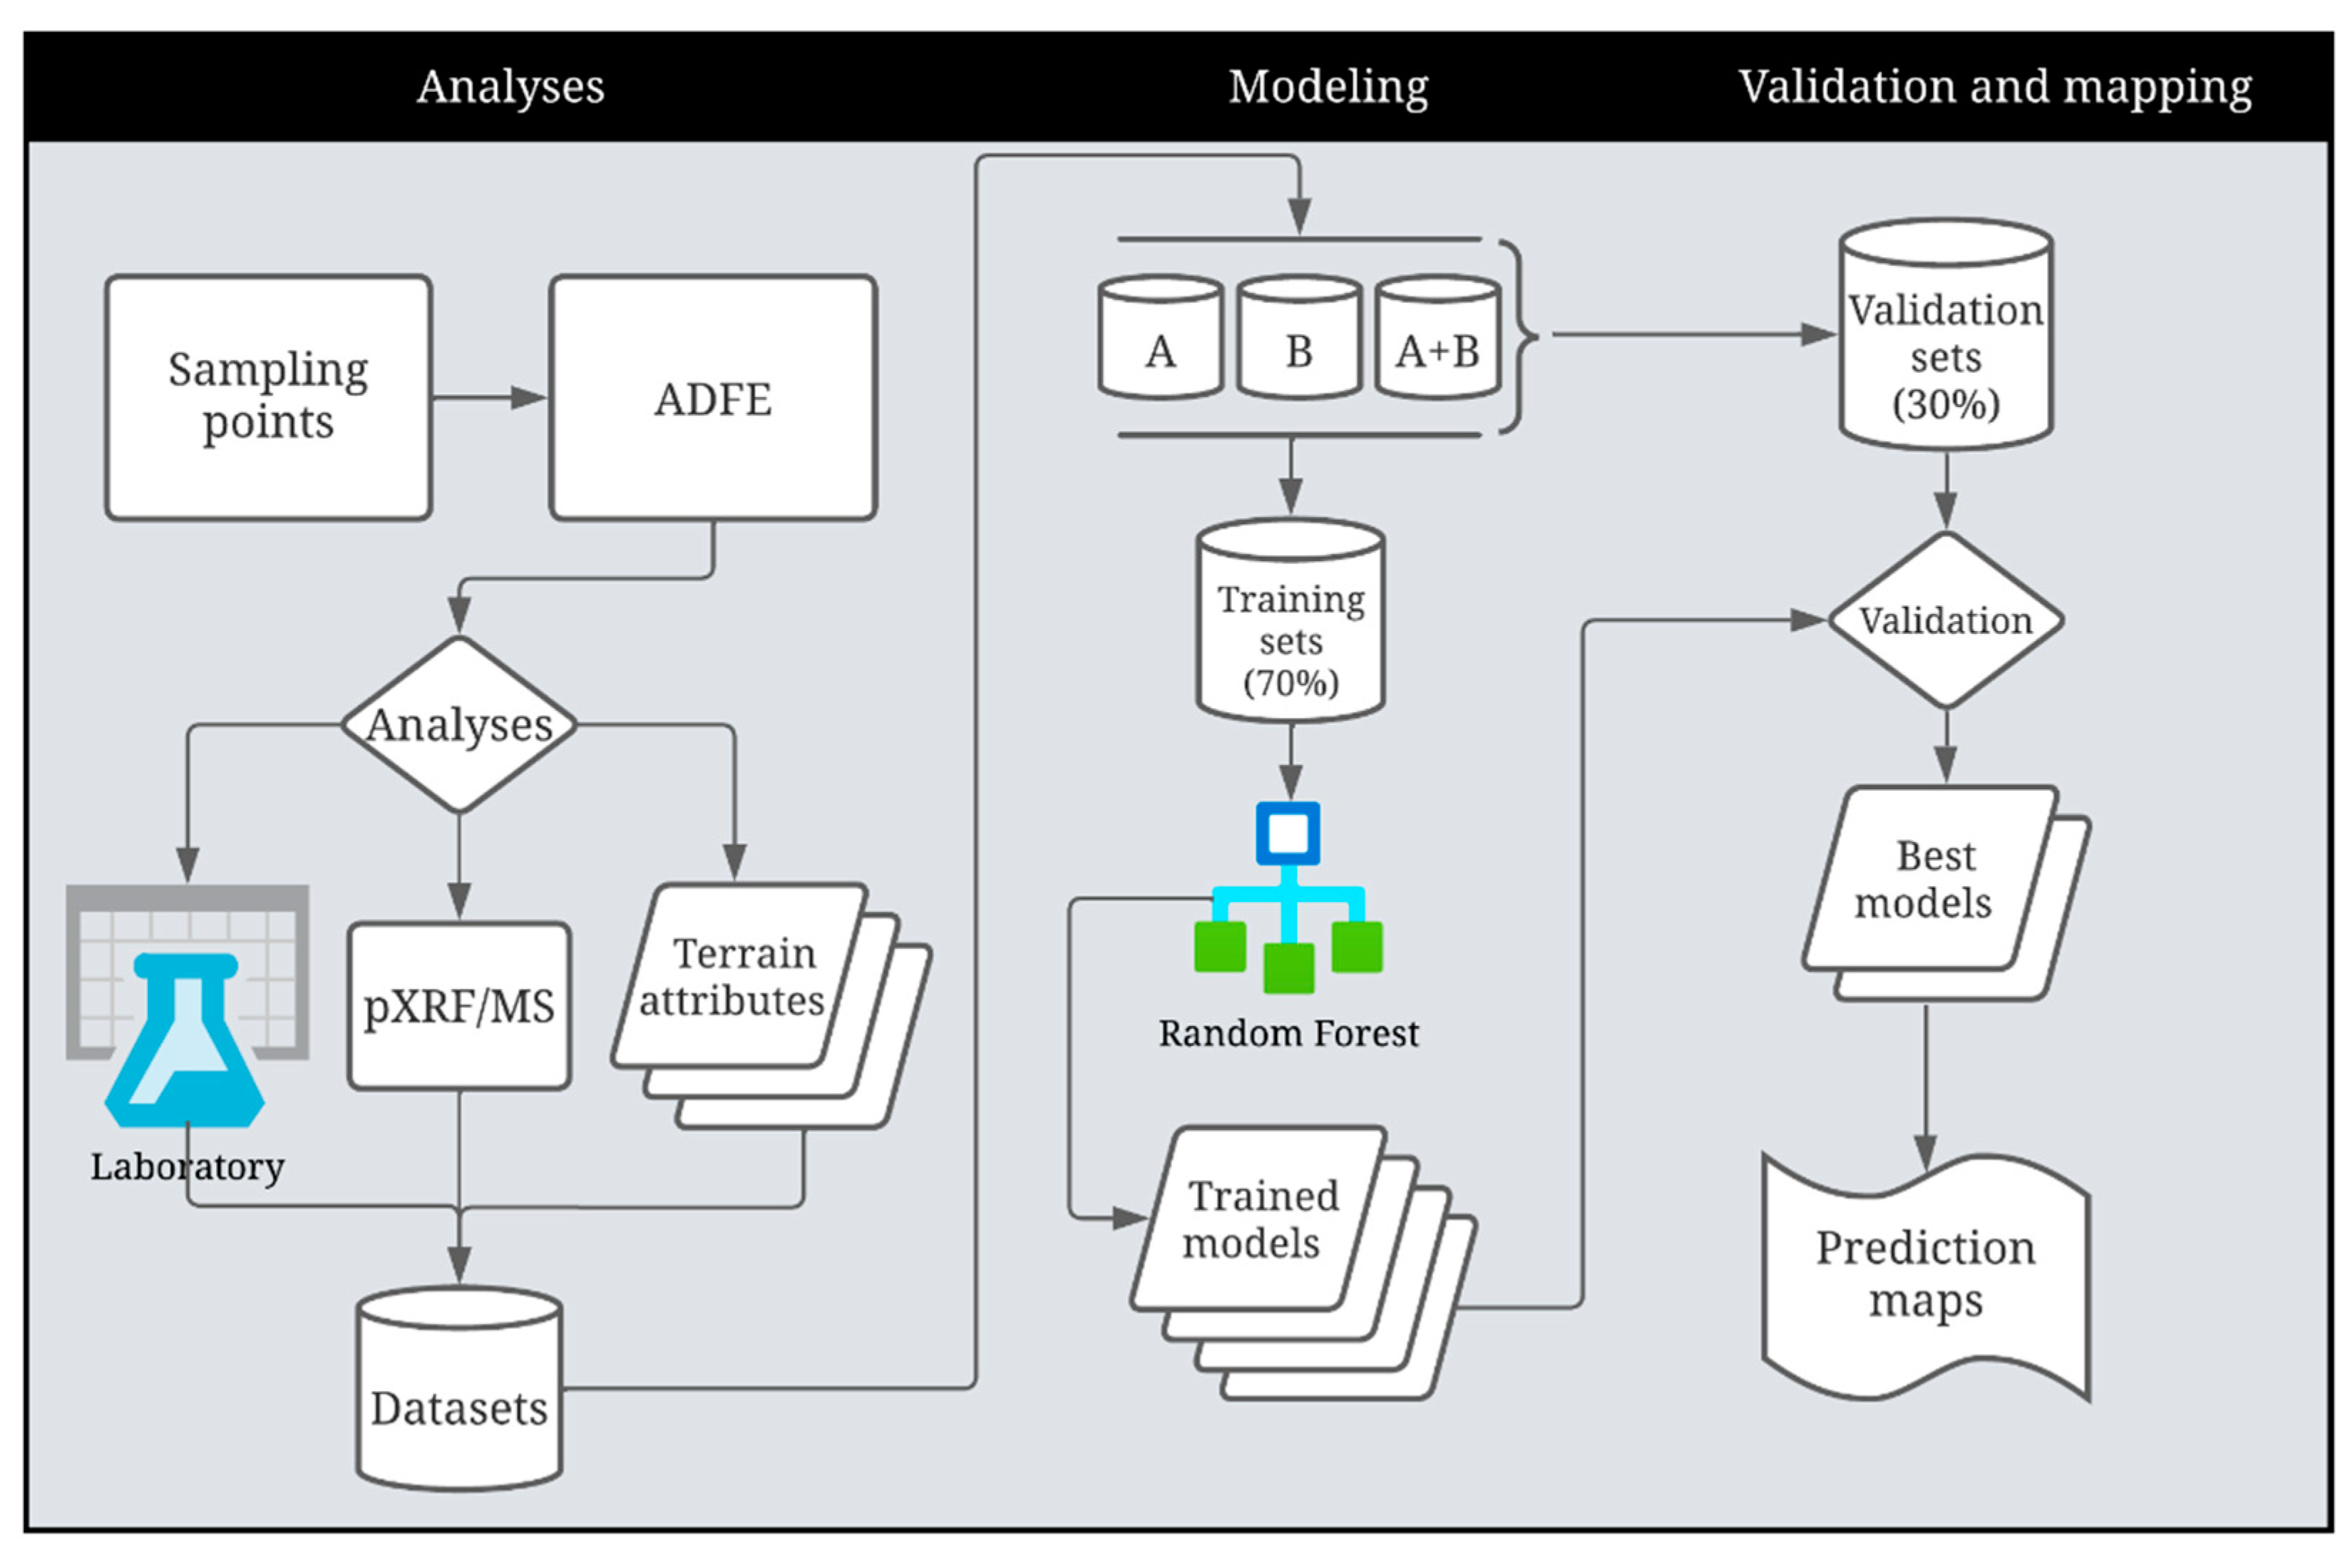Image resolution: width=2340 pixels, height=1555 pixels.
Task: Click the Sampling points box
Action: click(x=267, y=396)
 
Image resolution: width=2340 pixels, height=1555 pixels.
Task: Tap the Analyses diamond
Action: click(x=459, y=724)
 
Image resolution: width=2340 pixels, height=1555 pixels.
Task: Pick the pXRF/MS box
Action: click(x=459, y=1005)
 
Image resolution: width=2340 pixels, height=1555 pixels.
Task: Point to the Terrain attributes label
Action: click(x=734, y=977)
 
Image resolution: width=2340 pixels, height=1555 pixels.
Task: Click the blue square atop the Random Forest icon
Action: click(x=1288, y=833)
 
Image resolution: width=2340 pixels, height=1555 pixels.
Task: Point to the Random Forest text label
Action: click(x=1288, y=1033)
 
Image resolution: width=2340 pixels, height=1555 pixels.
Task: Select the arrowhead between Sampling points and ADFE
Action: click(x=528, y=398)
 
